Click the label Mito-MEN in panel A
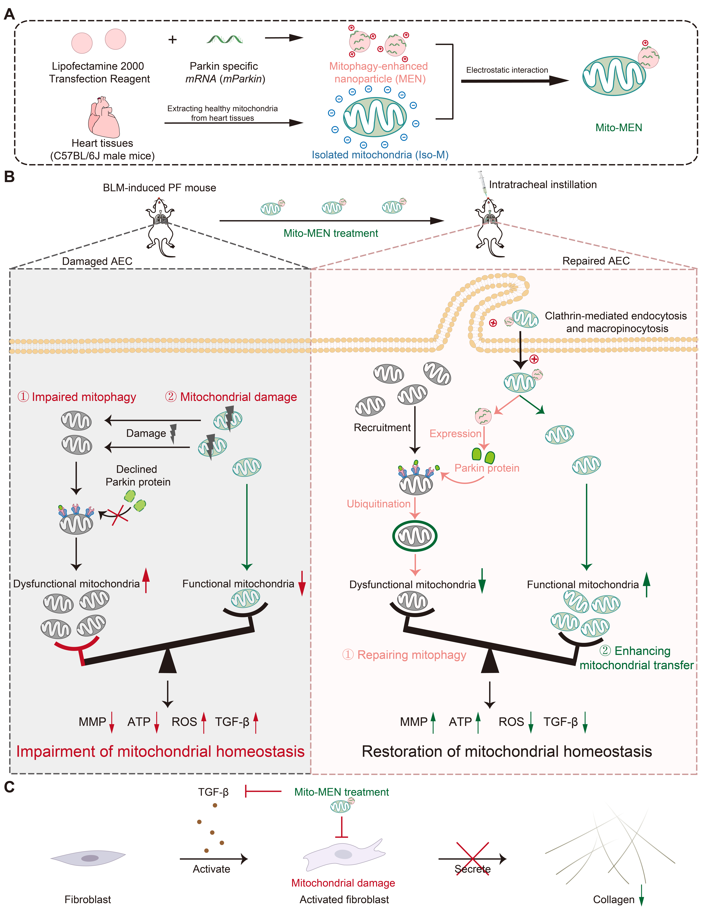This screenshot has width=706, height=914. [618, 128]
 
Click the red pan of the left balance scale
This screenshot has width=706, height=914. [77, 647]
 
